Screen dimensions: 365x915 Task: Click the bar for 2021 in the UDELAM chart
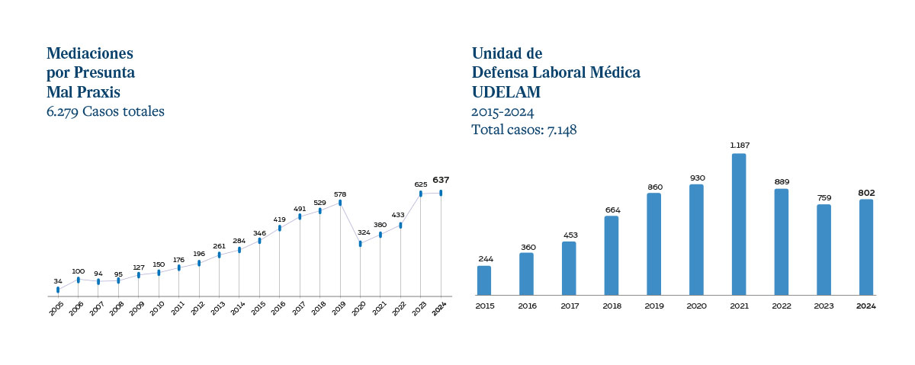pyautogui.click(x=739, y=224)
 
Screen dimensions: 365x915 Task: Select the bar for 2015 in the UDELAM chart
pyautogui.click(x=484, y=280)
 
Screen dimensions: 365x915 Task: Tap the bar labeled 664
pyautogui.click(x=612, y=255)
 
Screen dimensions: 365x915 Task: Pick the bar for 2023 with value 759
pyautogui.click(x=823, y=249)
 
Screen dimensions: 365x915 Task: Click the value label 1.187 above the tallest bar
pyautogui.click(x=739, y=145)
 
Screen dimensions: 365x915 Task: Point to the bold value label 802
pyautogui.click(x=866, y=191)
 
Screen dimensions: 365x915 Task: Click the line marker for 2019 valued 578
pyautogui.click(x=340, y=203)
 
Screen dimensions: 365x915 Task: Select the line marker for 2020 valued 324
pyautogui.click(x=360, y=243)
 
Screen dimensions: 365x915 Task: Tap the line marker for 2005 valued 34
pyautogui.click(x=58, y=290)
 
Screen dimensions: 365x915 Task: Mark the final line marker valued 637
pyautogui.click(x=441, y=193)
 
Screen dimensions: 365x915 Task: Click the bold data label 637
pyautogui.click(x=441, y=180)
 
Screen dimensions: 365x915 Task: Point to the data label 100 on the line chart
pyautogui.click(x=78, y=271)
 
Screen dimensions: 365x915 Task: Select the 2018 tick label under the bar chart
pyautogui.click(x=612, y=306)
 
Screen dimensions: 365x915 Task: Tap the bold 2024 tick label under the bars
pyautogui.click(x=866, y=306)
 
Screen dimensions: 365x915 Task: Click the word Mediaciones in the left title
pyautogui.click(x=90, y=53)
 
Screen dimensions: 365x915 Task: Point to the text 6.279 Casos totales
pyautogui.click(x=105, y=111)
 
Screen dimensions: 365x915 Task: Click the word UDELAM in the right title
pyautogui.click(x=506, y=92)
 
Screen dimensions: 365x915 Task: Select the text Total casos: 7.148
pyautogui.click(x=524, y=130)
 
